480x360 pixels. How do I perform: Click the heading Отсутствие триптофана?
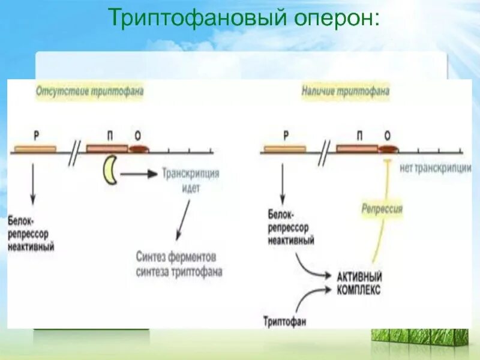coord(90,92)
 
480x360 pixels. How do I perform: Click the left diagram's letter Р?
coord(37,136)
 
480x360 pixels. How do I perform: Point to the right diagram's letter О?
coord(387,136)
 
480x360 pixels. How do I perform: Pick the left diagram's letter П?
coord(110,136)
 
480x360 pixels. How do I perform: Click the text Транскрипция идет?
coord(190,181)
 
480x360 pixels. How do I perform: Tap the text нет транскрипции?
coord(435,169)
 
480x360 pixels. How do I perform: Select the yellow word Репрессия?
coord(382,209)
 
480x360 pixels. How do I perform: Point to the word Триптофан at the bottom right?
coord(284,322)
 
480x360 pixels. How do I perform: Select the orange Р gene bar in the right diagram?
coord(284,149)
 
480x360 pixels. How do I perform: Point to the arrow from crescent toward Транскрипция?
coord(139,175)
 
